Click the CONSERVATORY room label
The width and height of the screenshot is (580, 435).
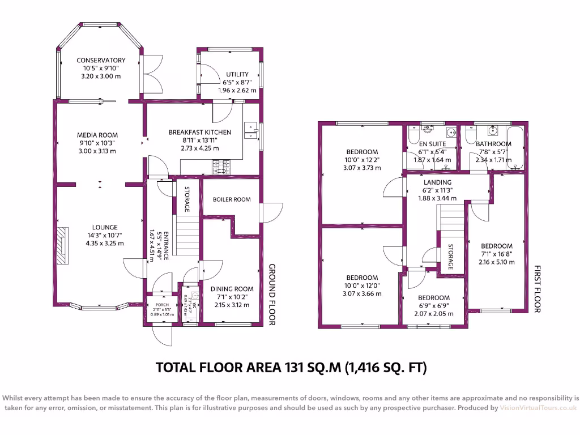click(x=101, y=61)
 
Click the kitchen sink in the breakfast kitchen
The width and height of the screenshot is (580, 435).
click(x=249, y=130)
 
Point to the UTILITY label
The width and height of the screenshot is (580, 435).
click(x=237, y=74)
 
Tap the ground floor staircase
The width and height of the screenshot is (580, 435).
click(x=187, y=238)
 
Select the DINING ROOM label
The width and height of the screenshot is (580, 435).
click(x=232, y=289)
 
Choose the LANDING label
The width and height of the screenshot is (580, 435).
click(x=437, y=182)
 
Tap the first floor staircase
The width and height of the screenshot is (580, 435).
click(x=451, y=224)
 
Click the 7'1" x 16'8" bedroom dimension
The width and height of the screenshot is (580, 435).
click(x=497, y=254)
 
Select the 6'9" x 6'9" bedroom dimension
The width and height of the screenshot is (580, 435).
click(x=434, y=306)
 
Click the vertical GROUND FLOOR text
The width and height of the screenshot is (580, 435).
click(x=272, y=295)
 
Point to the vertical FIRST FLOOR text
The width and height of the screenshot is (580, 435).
click(x=538, y=289)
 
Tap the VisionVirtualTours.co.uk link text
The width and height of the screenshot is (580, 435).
click(x=538, y=408)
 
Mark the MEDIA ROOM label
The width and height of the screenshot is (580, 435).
click(x=97, y=135)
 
